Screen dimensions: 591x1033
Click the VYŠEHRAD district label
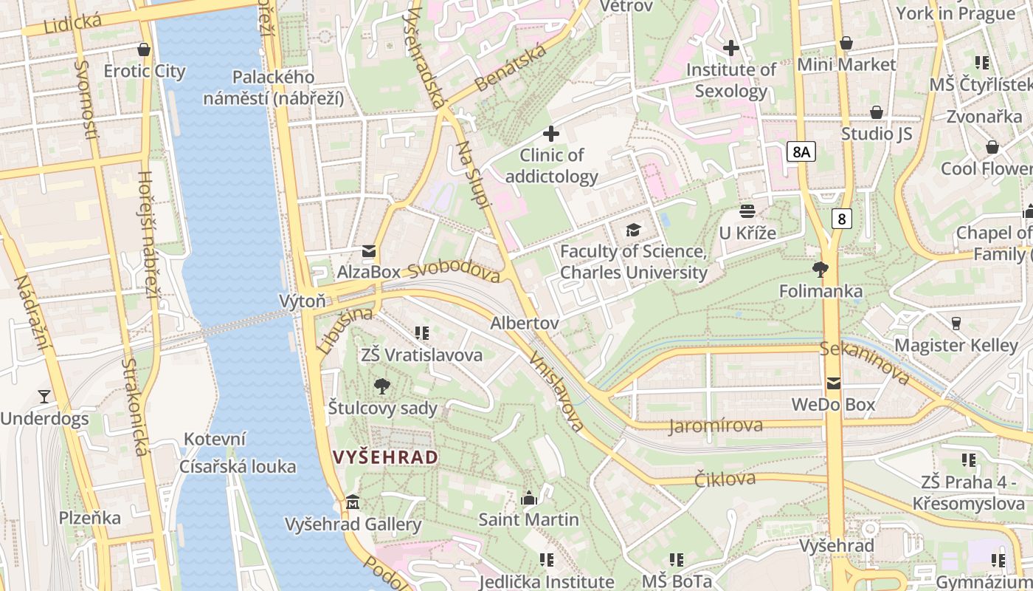pos(386,457)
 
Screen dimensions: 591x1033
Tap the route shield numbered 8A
pos(801,152)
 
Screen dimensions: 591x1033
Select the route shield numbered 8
pos(841,219)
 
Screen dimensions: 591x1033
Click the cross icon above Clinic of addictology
pos(550,134)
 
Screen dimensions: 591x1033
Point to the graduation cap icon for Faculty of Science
pos(633,230)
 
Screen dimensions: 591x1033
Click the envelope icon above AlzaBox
pos(368,251)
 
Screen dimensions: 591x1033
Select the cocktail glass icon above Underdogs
pos(44,397)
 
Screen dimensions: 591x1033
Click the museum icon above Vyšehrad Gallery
pos(353,502)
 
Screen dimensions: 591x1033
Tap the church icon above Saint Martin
pos(528,499)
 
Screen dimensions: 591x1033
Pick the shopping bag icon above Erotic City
pos(144,49)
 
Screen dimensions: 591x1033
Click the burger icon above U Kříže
pos(747,211)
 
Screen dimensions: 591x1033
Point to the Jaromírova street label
pos(716,426)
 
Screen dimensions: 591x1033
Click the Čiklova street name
pos(725,479)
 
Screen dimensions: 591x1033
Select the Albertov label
pos(524,324)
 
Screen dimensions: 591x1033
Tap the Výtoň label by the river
pos(302,301)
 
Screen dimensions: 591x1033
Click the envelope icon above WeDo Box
pos(833,383)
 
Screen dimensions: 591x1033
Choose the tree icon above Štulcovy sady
pos(382,386)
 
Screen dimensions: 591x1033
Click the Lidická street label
pos(72,23)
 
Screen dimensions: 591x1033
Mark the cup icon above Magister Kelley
pos(956,323)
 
